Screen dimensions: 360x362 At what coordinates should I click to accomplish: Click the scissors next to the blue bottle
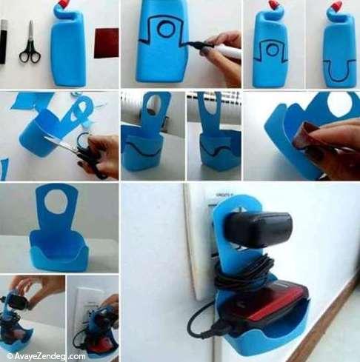(x=30, y=44)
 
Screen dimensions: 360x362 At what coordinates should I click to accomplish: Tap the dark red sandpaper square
(x=107, y=43)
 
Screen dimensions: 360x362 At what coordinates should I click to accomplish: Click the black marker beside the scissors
(x=3, y=42)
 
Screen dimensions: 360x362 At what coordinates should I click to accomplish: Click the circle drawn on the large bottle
(x=166, y=29)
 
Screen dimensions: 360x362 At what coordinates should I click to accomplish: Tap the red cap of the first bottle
(x=64, y=3)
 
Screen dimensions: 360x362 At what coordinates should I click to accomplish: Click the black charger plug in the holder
(x=258, y=229)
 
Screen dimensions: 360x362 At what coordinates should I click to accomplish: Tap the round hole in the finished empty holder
(x=56, y=201)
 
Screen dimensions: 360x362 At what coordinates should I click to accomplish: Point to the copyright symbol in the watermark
(x=10, y=356)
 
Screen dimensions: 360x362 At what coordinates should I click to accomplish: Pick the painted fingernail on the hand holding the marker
(x=204, y=51)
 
